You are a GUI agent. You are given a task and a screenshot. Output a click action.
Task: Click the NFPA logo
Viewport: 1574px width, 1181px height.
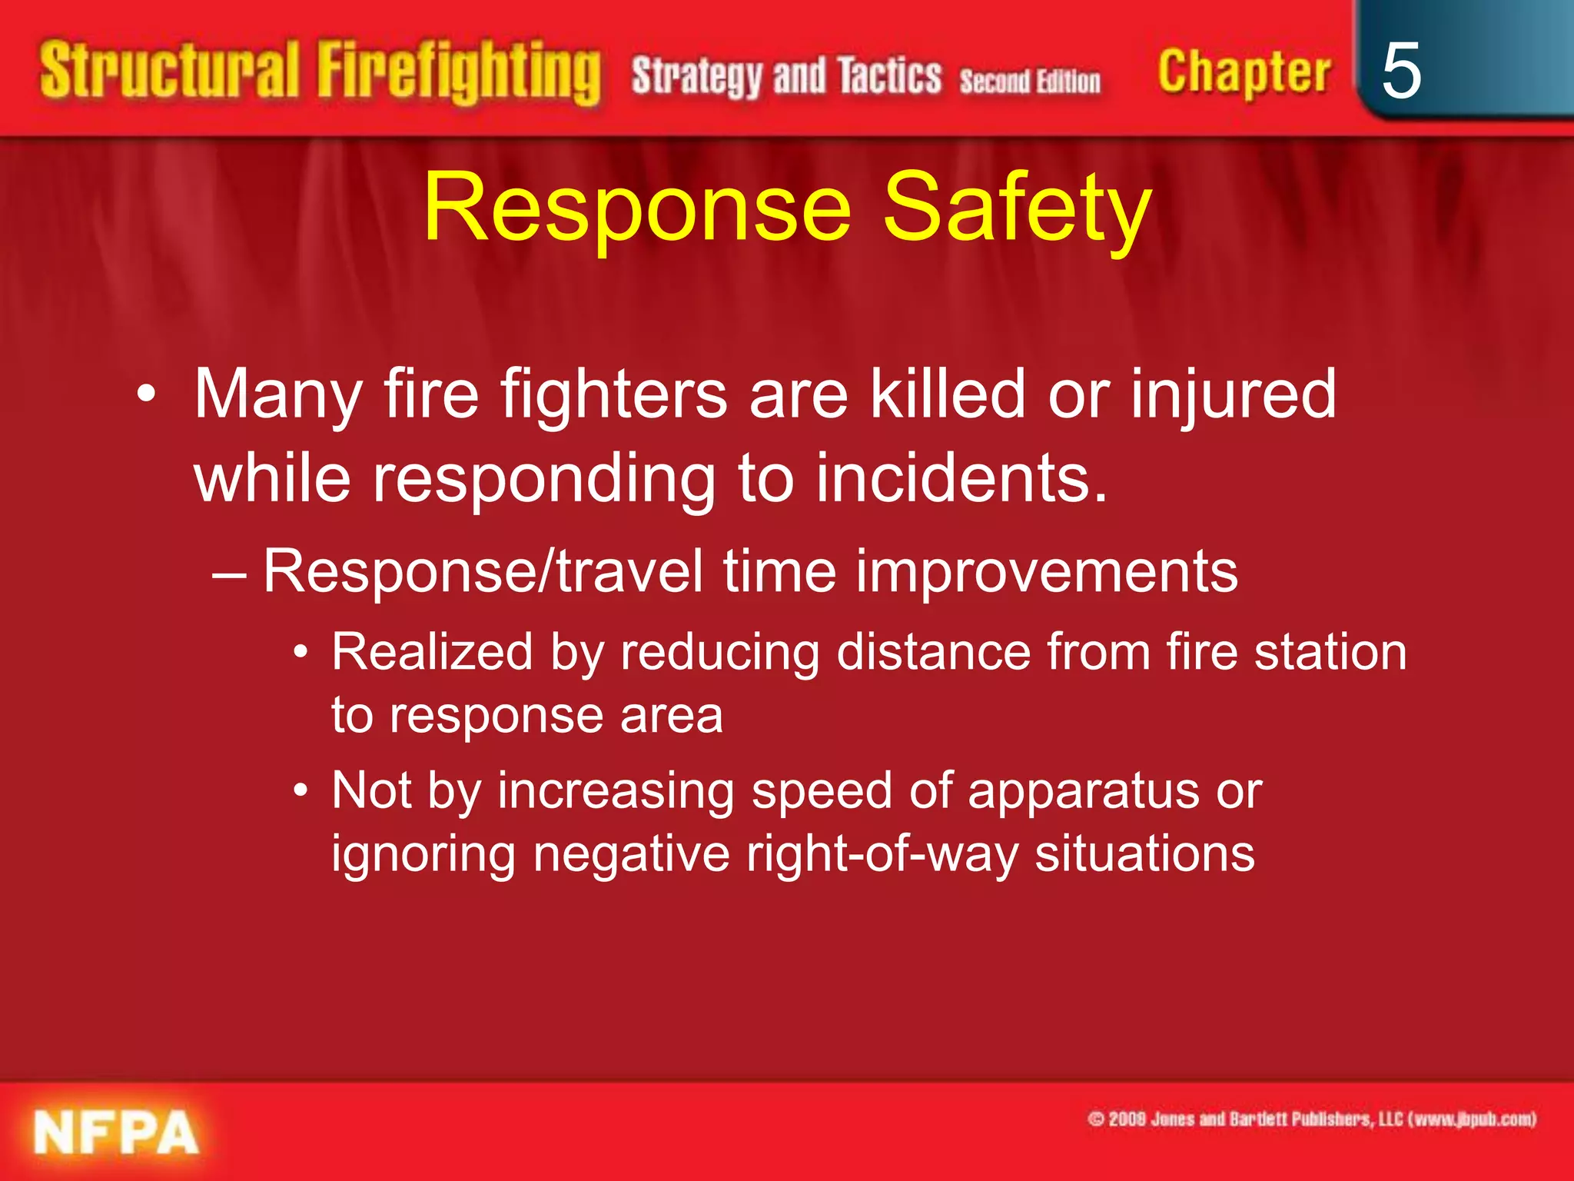click(x=115, y=1133)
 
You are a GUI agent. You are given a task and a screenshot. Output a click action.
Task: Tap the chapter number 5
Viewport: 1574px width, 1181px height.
click(x=1400, y=72)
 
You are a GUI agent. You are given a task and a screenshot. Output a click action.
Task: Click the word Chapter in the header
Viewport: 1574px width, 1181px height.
click(x=1244, y=73)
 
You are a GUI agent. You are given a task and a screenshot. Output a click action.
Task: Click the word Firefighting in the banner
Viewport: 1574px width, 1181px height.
click(x=459, y=73)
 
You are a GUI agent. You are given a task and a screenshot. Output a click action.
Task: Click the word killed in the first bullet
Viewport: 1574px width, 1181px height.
click(x=948, y=394)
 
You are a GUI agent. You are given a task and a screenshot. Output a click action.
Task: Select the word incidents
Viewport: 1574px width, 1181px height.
click(x=961, y=478)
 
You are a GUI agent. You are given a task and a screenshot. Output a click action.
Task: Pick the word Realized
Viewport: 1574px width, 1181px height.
click(x=432, y=652)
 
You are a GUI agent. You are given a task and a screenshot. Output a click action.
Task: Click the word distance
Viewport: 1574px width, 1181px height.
click(x=933, y=652)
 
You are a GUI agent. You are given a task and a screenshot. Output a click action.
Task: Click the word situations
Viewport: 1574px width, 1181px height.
click(x=1144, y=853)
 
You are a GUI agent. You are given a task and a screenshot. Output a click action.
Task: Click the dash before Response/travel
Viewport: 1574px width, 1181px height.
click(x=228, y=574)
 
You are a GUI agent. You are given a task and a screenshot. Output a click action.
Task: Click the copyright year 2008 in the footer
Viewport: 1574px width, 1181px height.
click(x=1127, y=1119)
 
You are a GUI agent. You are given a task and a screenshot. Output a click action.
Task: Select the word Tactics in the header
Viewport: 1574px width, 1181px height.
click(x=889, y=77)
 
